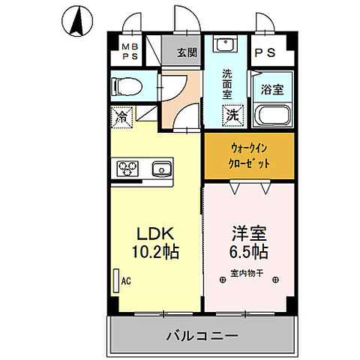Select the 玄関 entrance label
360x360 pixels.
[186, 53]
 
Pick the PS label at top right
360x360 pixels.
[265, 54]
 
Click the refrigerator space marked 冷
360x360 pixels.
[121, 117]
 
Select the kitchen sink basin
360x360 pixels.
[160, 167]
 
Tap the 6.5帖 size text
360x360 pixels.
[248, 250]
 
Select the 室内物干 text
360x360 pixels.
[247, 272]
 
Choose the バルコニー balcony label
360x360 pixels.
[202, 335]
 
